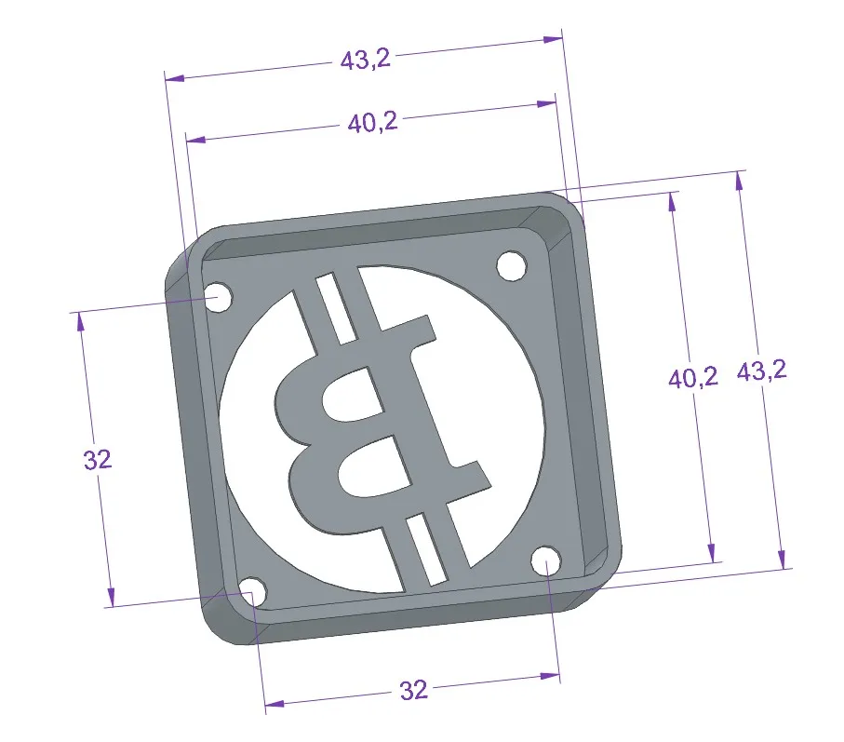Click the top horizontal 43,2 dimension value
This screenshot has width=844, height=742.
(x=365, y=61)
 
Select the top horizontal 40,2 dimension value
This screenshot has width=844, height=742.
(x=372, y=122)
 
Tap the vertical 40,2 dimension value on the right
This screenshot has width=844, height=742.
(x=693, y=377)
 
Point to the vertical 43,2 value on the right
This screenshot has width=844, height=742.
(x=762, y=371)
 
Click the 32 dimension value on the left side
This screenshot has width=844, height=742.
(x=98, y=459)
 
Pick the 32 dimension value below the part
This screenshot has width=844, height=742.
(x=413, y=690)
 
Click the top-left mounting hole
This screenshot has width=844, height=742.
(x=219, y=297)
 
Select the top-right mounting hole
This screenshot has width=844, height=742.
(x=510, y=265)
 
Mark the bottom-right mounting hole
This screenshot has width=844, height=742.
(x=547, y=561)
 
